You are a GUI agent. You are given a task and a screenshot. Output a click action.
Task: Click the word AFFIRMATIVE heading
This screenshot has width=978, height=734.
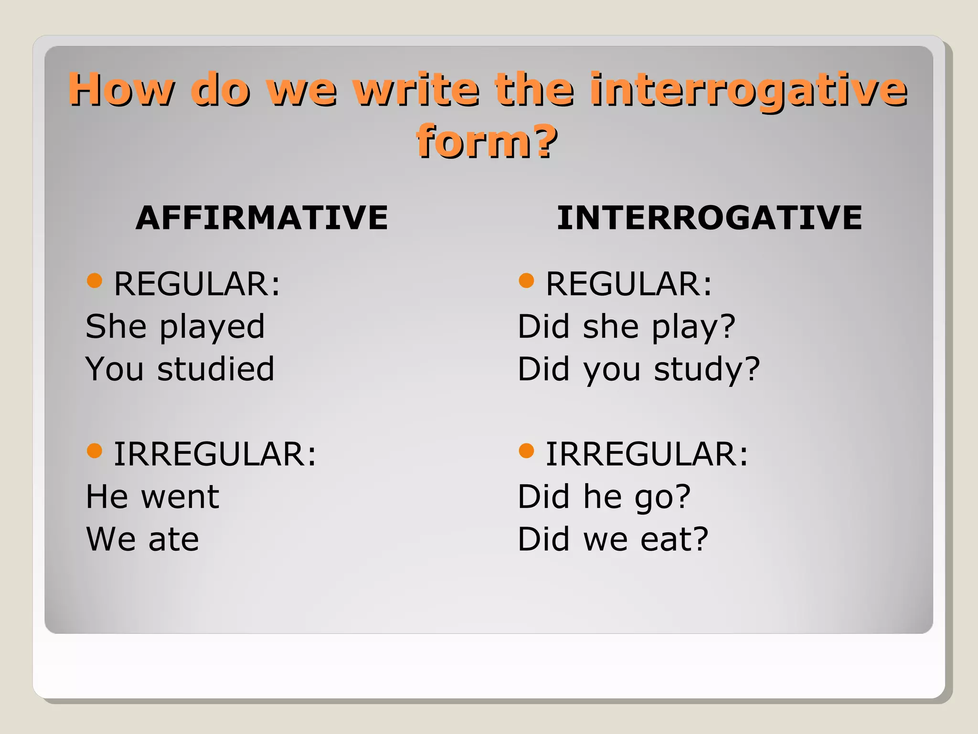pyautogui.click(x=262, y=218)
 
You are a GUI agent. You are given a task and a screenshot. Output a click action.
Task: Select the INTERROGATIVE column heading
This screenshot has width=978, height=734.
pyautogui.click(x=710, y=218)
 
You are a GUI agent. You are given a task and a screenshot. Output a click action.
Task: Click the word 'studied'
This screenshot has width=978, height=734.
pyautogui.click(x=216, y=369)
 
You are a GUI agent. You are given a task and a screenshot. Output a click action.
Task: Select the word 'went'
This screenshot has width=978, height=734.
pyautogui.click(x=180, y=497)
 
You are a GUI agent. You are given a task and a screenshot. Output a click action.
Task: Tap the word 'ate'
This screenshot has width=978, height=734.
pyautogui.click(x=173, y=540)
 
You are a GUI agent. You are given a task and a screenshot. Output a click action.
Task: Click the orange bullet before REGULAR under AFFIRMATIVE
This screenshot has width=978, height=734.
pyautogui.click(x=95, y=281)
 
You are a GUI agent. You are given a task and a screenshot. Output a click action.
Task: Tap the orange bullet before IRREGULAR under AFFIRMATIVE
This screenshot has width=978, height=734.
pyautogui.click(x=95, y=450)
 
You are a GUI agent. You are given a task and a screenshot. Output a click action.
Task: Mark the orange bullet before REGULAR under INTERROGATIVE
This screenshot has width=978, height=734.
pyautogui.click(x=526, y=281)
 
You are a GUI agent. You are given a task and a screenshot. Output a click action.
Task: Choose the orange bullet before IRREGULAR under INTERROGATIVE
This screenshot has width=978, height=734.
pyautogui.click(x=526, y=450)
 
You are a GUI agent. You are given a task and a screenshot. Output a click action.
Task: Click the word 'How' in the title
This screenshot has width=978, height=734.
pyautogui.click(x=122, y=90)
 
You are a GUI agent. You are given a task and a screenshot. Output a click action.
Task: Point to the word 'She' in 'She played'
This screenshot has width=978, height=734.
pyautogui.click(x=116, y=327)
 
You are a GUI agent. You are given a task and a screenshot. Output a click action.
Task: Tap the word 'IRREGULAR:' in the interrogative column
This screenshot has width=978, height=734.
pyautogui.click(x=647, y=454)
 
